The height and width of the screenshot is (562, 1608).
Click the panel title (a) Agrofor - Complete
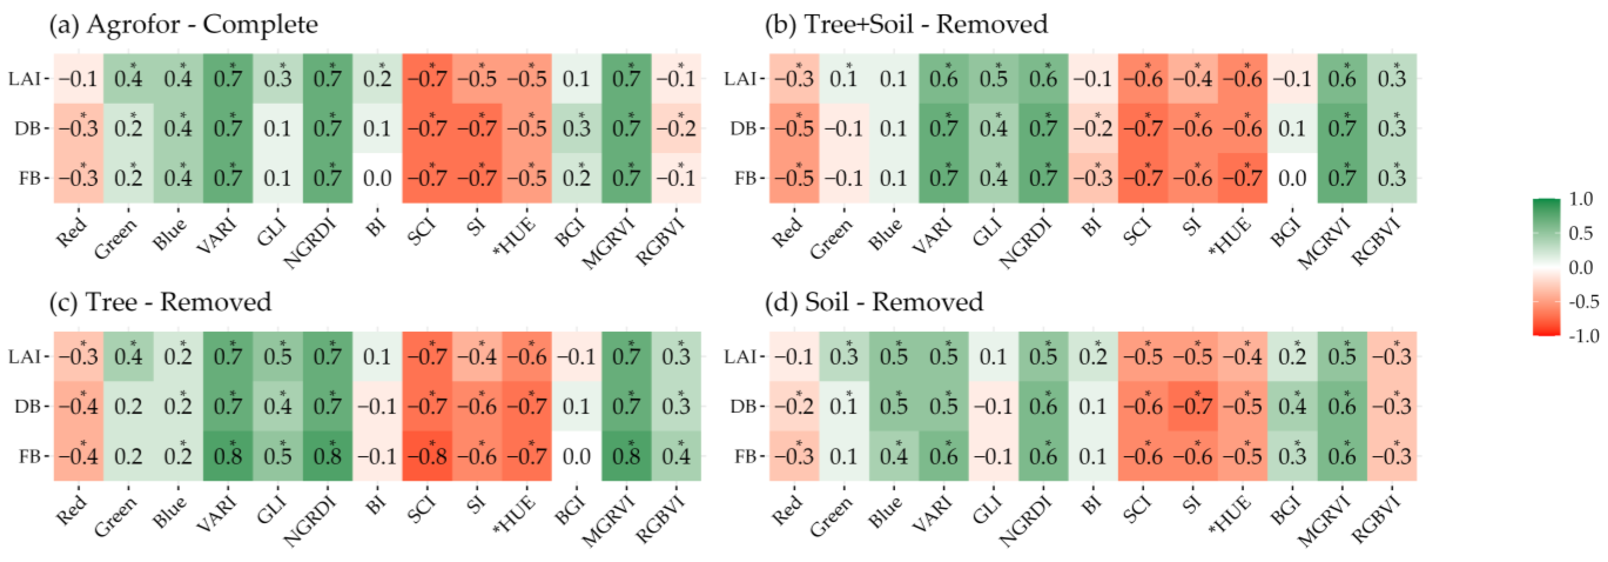pos(184,25)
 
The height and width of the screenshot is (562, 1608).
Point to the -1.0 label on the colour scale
pos(1583,336)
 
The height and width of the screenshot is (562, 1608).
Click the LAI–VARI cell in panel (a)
pos(228,79)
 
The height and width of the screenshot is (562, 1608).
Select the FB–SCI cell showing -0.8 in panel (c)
pos(427,456)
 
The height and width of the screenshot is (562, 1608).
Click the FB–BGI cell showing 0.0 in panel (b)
pos(1292,178)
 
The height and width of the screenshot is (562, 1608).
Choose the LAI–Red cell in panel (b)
pos(794,79)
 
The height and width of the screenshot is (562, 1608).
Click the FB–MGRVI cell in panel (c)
pos(626,456)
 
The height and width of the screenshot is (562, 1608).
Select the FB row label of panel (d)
pos(745,456)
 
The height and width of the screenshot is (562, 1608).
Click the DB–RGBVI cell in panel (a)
pos(676,129)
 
